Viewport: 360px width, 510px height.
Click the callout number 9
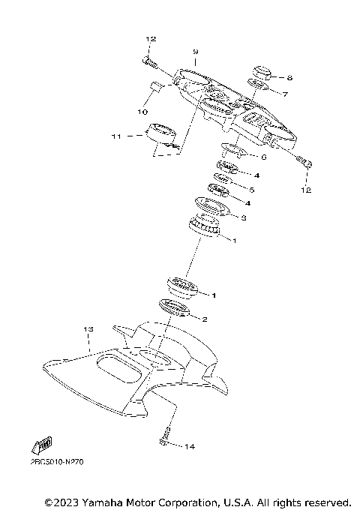click(x=195, y=52)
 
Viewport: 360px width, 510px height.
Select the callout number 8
click(x=289, y=76)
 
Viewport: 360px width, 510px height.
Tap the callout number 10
click(x=142, y=112)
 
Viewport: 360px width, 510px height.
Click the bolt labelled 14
click(x=164, y=437)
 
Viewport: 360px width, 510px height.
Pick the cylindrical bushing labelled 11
click(x=162, y=134)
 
